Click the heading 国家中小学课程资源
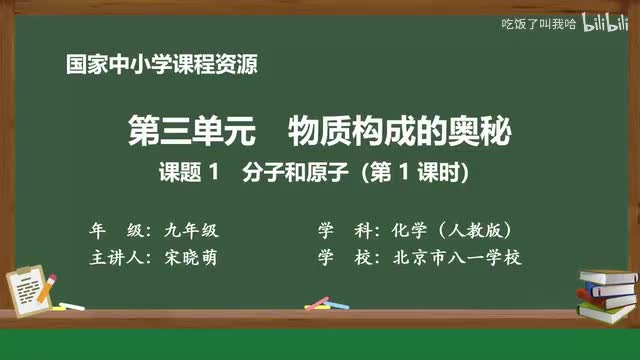point(161,66)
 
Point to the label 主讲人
point(117,257)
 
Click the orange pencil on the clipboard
point(45,283)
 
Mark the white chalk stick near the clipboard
point(71,305)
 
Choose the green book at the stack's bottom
point(606,312)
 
